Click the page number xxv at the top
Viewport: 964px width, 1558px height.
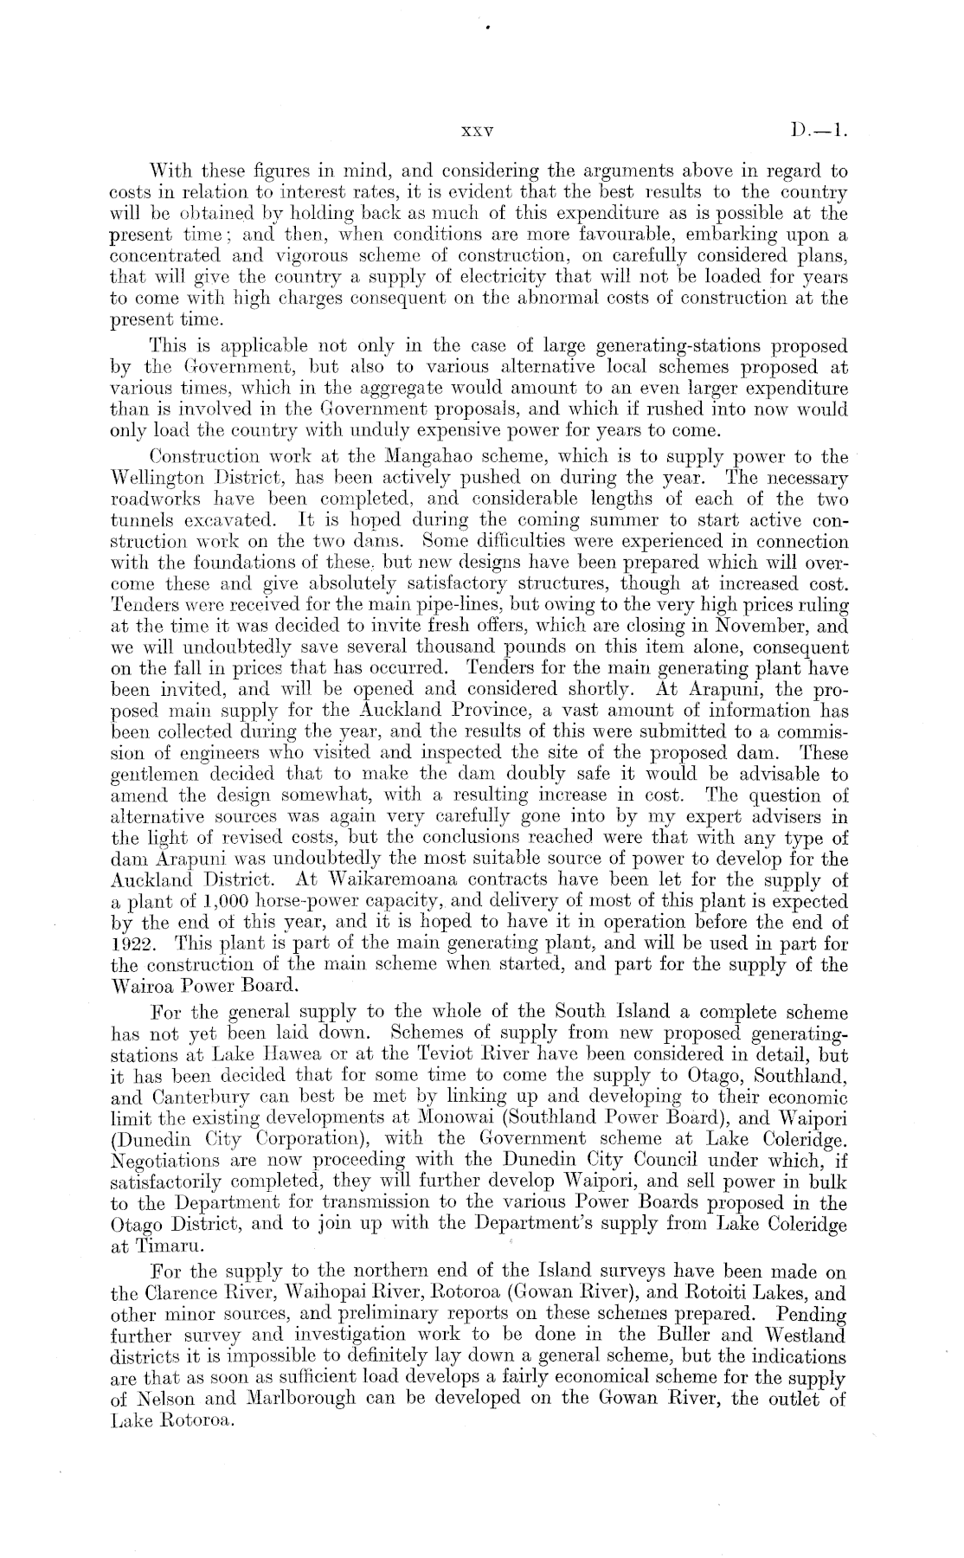pos(478,134)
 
